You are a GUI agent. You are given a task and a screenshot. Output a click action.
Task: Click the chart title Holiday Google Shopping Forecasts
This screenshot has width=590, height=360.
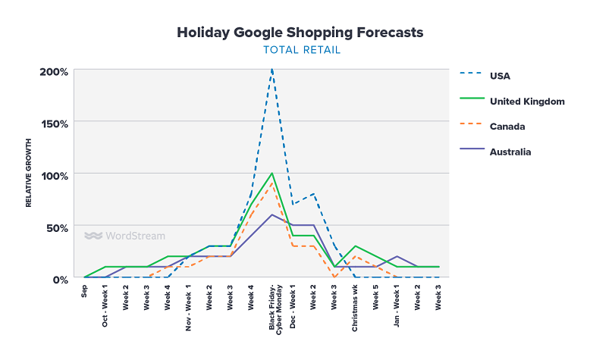(x=300, y=33)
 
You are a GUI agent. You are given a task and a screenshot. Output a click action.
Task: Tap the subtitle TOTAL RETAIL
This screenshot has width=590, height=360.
(x=301, y=50)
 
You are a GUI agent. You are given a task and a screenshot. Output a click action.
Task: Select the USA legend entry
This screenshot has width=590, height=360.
(x=500, y=75)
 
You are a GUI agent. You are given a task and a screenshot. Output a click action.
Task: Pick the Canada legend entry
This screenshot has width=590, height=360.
(x=507, y=126)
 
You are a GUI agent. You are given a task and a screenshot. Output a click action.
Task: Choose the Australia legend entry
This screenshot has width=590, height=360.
(x=510, y=152)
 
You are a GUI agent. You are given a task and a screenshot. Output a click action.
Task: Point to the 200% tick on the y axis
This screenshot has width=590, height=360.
(x=54, y=72)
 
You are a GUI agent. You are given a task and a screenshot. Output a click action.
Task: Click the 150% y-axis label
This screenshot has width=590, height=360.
(x=54, y=124)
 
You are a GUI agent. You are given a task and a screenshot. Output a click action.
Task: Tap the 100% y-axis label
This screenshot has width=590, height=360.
(x=54, y=175)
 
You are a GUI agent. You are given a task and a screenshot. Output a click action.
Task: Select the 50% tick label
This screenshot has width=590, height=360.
(x=57, y=227)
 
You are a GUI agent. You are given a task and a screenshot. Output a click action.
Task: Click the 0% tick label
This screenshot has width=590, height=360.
(x=60, y=279)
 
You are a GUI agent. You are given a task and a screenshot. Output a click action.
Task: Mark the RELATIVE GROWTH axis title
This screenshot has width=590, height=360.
(x=29, y=173)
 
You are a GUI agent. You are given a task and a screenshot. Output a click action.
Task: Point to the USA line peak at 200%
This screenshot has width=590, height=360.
(x=272, y=70)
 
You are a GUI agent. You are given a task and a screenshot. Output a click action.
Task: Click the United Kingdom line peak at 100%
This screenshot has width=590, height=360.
(x=272, y=174)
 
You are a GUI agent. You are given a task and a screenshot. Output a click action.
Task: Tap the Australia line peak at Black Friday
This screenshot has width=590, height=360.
(x=272, y=214)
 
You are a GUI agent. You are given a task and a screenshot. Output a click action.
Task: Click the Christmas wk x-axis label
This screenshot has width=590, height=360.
(x=355, y=308)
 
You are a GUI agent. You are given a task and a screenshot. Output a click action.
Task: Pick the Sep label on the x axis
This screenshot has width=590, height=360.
(x=85, y=291)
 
